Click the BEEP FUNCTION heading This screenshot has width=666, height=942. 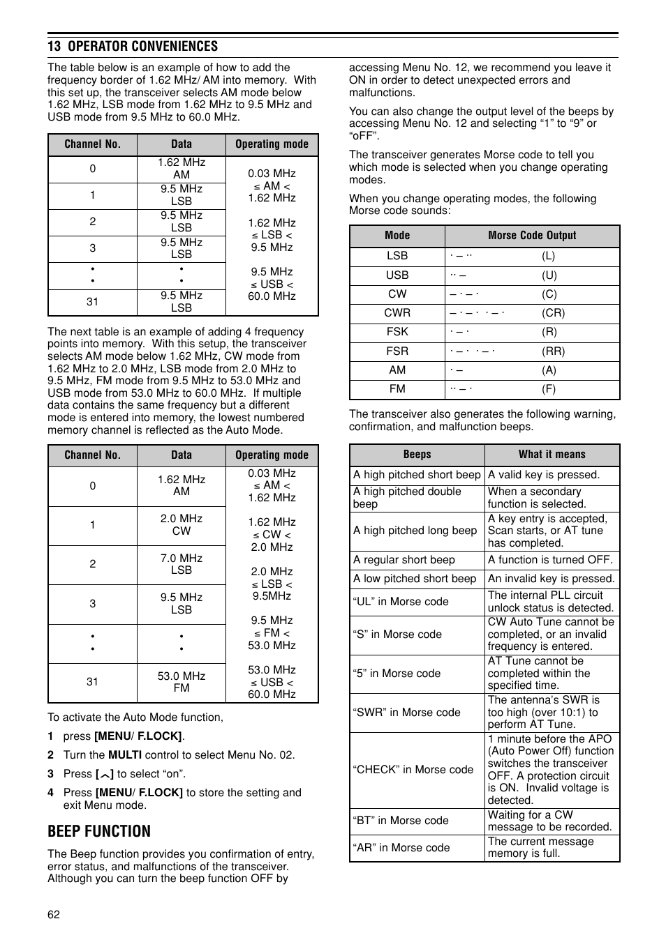[x=99, y=831]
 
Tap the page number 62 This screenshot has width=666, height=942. [x=54, y=915]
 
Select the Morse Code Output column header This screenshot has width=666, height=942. [x=532, y=236]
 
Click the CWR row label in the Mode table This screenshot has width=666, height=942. [x=397, y=313]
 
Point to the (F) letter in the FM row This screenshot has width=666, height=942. [x=549, y=389]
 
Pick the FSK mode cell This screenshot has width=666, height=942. [x=397, y=332]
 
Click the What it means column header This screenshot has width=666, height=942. [x=552, y=455]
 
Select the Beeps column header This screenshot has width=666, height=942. [x=417, y=455]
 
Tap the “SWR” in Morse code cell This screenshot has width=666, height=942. [x=407, y=713]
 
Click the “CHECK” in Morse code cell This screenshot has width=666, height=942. [x=413, y=770]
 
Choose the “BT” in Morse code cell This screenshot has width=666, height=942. [x=401, y=821]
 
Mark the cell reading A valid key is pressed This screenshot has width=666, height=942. [x=544, y=475]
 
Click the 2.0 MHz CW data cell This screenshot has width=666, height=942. [x=182, y=525]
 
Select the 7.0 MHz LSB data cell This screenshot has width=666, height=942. [x=182, y=564]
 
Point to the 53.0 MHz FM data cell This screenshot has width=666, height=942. [x=182, y=682]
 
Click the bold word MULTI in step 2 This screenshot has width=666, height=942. [x=125, y=755]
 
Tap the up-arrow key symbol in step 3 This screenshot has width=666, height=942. [x=106, y=775]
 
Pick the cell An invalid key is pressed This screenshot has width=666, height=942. [x=551, y=579]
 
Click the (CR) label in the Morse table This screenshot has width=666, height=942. [x=553, y=313]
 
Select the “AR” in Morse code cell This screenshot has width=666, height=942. [x=401, y=848]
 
